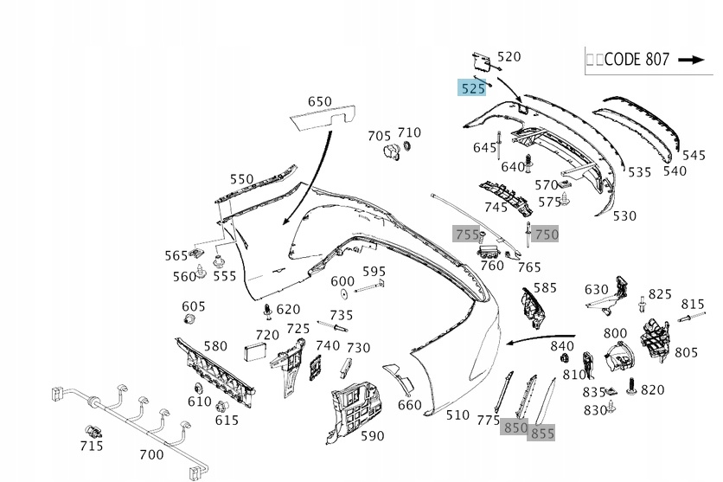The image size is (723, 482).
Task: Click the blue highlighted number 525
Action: pyautogui.click(x=472, y=87)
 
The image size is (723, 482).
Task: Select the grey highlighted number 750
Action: pyautogui.click(x=547, y=234)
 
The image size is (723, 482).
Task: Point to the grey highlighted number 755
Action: pyautogui.click(x=467, y=234)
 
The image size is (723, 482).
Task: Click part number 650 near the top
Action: pyautogui.click(x=320, y=101)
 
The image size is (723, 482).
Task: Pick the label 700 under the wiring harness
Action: pyautogui.click(x=151, y=453)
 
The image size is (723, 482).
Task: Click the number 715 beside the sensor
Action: pyautogui.click(x=91, y=446)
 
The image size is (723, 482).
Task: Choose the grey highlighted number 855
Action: pyautogui.click(x=542, y=432)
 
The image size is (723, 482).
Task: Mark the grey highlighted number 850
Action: pyautogui.click(x=515, y=427)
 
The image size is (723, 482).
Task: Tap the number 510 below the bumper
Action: pyautogui.click(x=457, y=415)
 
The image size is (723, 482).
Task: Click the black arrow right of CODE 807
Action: pyautogui.click(x=692, y=60)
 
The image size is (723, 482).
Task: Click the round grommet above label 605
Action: pyautogui.click(x=192, y=322)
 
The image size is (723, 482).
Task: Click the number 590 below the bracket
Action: pyautogui.click(x=372, y=435)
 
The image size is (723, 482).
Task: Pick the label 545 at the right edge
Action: pyautogui.click(x=694, y=155)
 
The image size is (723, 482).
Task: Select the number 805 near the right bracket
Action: pyautogui.click(x=686, y=352)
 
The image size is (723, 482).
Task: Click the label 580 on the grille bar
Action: pyautogui.click(x=215, y=346)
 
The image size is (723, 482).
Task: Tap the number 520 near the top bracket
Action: pyautogui.click(x=509, y=56)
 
